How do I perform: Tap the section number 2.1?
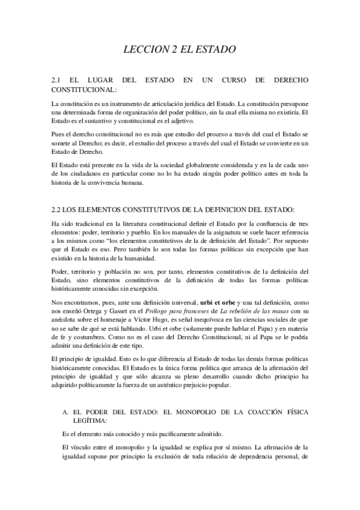click(59, 79)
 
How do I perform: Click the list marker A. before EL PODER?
click(67, 412)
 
